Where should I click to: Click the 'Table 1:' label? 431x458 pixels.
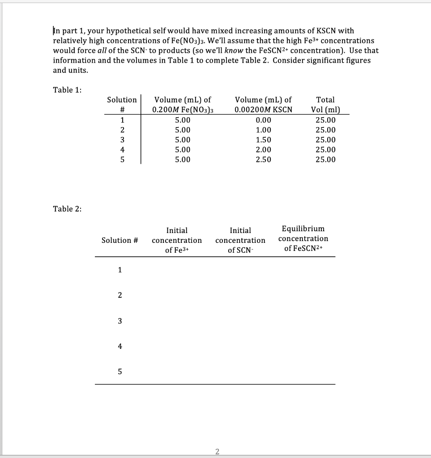point(67,90)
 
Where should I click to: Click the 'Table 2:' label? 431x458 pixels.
point(67,209)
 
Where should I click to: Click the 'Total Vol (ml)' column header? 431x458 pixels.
point(325,105)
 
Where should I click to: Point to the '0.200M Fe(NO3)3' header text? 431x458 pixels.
point(182,110)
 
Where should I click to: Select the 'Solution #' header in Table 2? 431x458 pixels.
point(119,241)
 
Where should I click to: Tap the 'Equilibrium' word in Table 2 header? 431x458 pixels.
point(303,229)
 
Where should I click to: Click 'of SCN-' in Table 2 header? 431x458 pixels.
point(240,250)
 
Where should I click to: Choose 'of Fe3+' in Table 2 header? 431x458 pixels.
point(177,250)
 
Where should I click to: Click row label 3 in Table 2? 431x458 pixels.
point(119,321)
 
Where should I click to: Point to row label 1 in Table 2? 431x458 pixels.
point(119,270)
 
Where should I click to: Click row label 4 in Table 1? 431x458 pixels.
point(122,150)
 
